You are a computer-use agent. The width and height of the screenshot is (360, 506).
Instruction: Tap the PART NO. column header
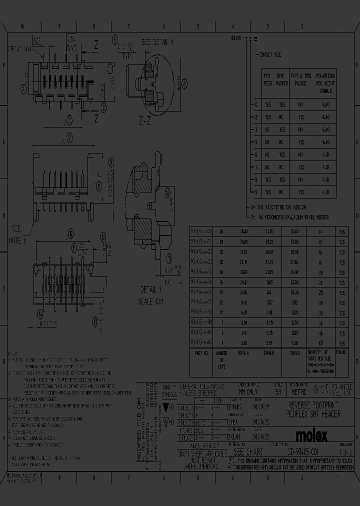pyautogui.click(x=202, y=353)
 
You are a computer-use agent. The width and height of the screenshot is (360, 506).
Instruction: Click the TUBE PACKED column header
pyautogui.click(x=282, y=80)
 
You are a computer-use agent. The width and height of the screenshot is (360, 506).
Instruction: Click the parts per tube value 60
pyautogui.click(x=320, y=343)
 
